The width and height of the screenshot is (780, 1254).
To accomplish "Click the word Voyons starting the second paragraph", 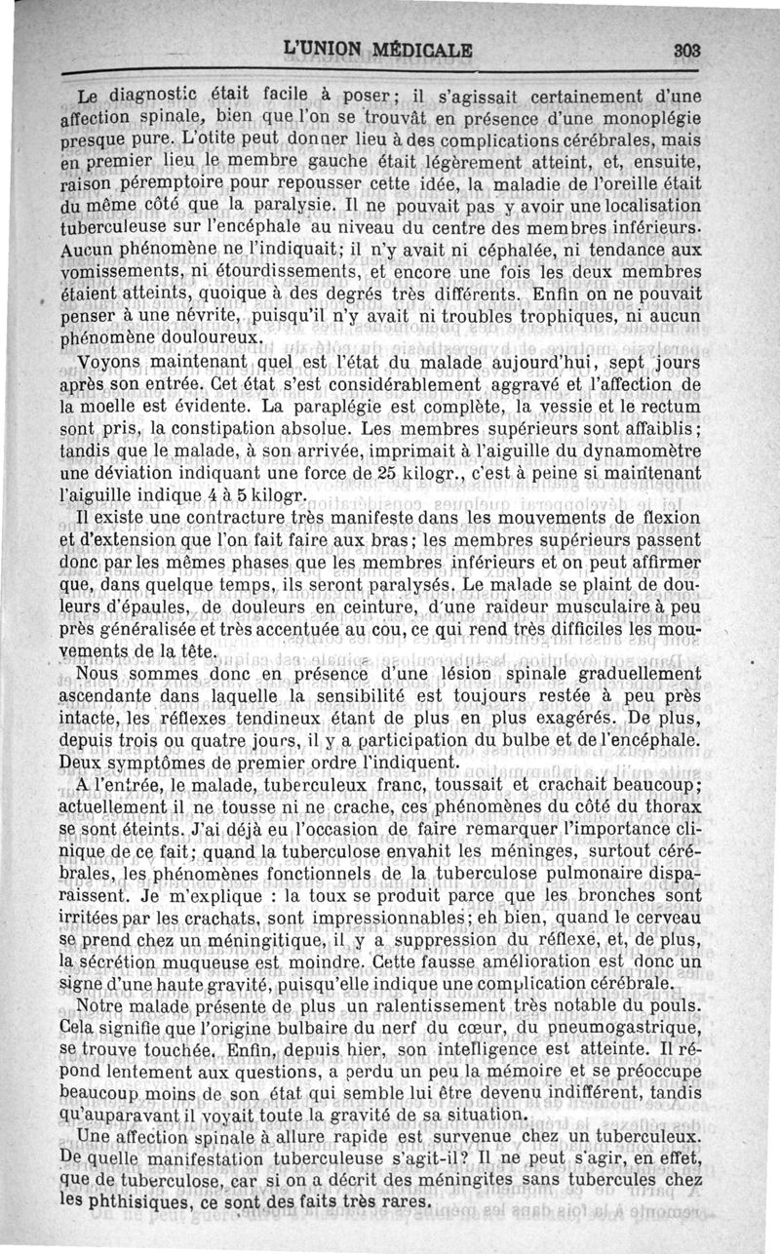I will [106, 363].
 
